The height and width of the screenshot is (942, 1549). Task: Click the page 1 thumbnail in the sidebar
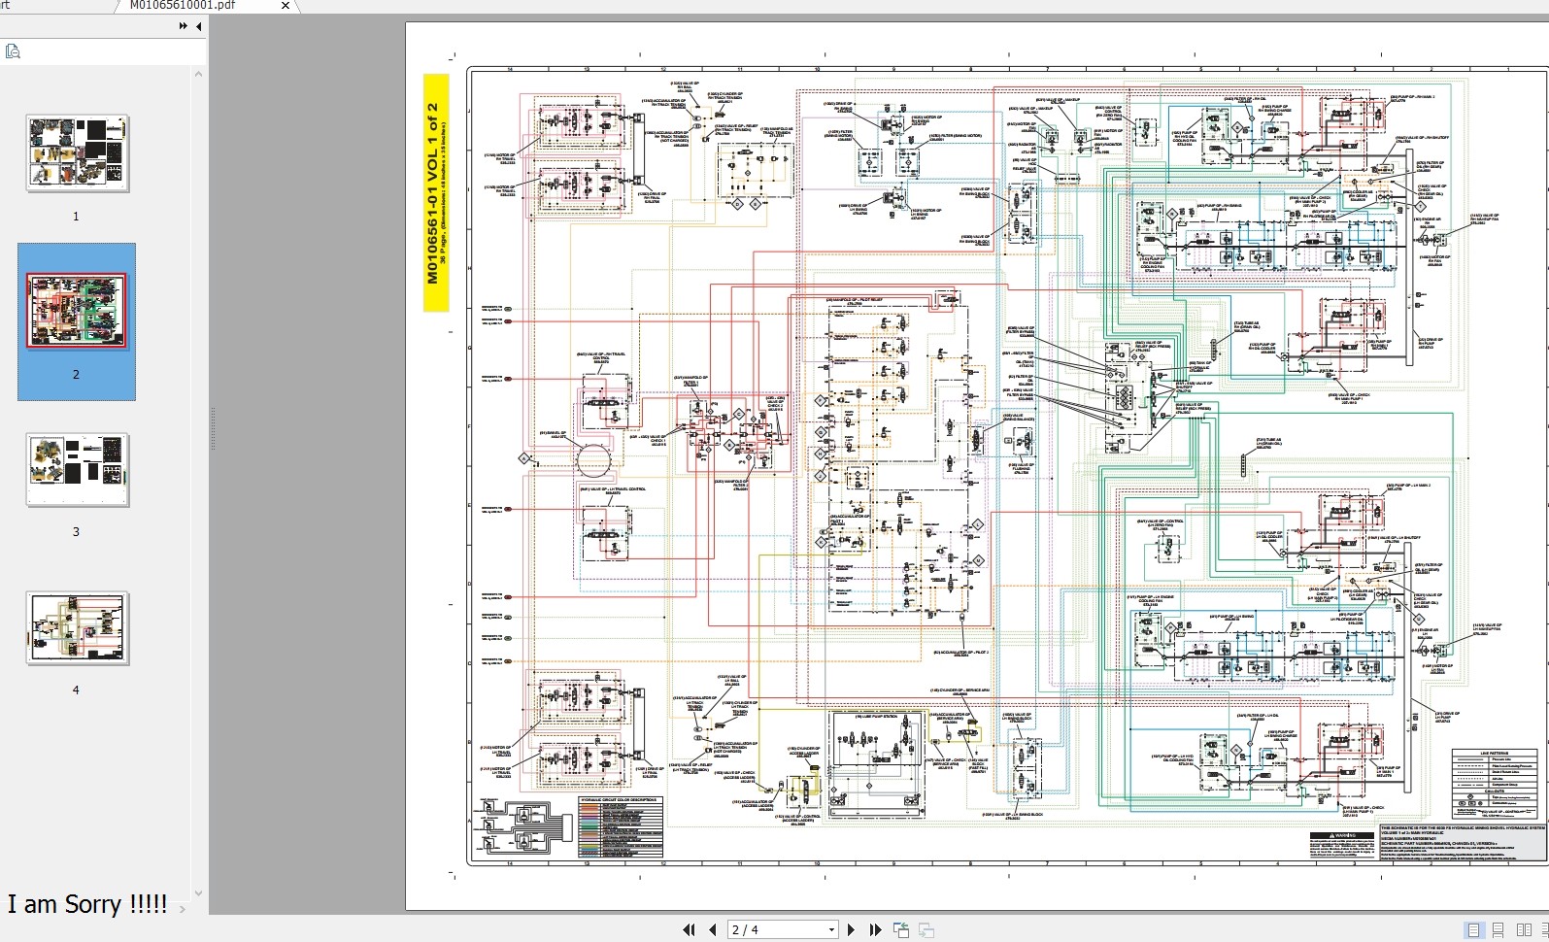pyautogui.click(x=77, y=153)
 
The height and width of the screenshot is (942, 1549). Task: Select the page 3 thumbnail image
pyautogui.click(x=77, y=470)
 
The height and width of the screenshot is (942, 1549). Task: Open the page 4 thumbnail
pyautogui.click(x=77, y=628)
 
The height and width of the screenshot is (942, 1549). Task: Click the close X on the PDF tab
pyautogui.click(x=285, y=6)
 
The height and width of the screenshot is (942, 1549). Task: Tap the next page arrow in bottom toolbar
pyautogui.click(x=852, y=929)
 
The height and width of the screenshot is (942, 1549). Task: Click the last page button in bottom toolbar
pyautogui.click(x=875, y=929)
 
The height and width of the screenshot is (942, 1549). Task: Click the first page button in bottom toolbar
pyautogui.click(x=689, y=929)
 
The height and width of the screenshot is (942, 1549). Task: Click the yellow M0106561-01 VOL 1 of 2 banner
pyautogui.click(x=436, y=193)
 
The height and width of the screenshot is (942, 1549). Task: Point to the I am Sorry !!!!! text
pyautogui.click(x=87, y=904)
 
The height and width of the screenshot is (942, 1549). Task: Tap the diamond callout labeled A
pyautogui.click(x=523, y=457)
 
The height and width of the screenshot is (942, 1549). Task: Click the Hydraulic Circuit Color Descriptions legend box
pyautogui.click(x=619, y=826)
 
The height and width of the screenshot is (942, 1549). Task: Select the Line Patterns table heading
pyautogui.click(x=1494, y=754)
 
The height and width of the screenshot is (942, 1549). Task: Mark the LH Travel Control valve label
pyautogui.click(x=613, y=490)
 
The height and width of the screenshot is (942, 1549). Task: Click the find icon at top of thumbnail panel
pyautogui.click(x=13, y=50)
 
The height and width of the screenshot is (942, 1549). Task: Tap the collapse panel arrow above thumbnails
pyautogui.click(x=198, y=26)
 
